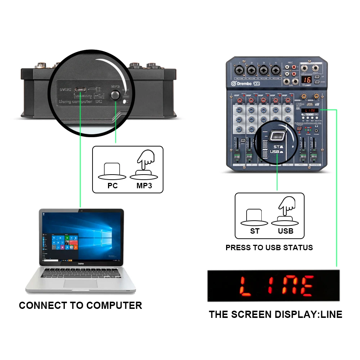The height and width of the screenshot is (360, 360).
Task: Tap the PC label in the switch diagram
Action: (x=113, y=186)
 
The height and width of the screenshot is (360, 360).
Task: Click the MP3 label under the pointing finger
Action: (x=144, y=186)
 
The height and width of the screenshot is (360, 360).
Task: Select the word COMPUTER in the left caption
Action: (x=114, y=306)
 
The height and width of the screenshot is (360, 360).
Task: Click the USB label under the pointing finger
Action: (x=285, y=231)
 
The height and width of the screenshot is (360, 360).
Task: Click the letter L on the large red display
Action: (x=246, y=286)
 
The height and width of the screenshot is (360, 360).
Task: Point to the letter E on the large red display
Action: (x=307, y=286)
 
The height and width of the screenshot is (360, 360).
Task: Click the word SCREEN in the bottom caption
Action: (x=252, y=314)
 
